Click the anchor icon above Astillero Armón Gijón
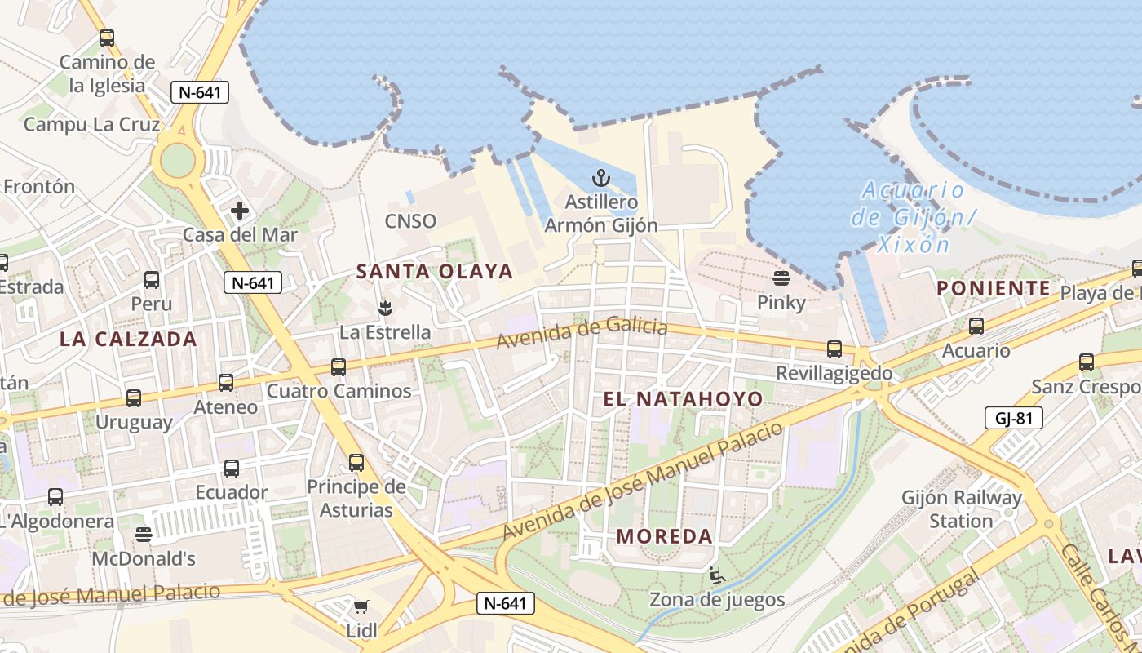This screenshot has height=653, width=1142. point(601,178)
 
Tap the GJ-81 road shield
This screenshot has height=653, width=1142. point(1014,419)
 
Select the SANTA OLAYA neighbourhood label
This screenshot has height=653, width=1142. point(435,272)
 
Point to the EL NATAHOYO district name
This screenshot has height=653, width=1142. point(683,399)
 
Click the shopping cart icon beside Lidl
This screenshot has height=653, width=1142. point(361,607)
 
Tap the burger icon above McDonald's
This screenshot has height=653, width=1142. point(144,534)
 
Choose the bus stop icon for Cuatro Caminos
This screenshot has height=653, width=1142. point(339,367)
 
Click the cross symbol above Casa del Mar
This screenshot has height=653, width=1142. point(239,211)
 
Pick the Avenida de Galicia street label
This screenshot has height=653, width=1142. point(582,332)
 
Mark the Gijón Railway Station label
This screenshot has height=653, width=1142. point(961,509)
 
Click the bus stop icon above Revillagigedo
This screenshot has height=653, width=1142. point(834,349)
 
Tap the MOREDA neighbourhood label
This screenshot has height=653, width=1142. point(665,536)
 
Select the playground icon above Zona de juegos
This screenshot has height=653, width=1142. point(716,576)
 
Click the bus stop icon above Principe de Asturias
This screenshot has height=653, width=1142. point(356,463)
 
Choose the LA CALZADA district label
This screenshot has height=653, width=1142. point(128,340)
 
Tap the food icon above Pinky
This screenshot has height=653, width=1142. point(781,278)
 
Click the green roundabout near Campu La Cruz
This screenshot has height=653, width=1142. point(177,160)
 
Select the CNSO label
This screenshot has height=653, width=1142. point(410,221)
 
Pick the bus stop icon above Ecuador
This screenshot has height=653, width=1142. point(232,469)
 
